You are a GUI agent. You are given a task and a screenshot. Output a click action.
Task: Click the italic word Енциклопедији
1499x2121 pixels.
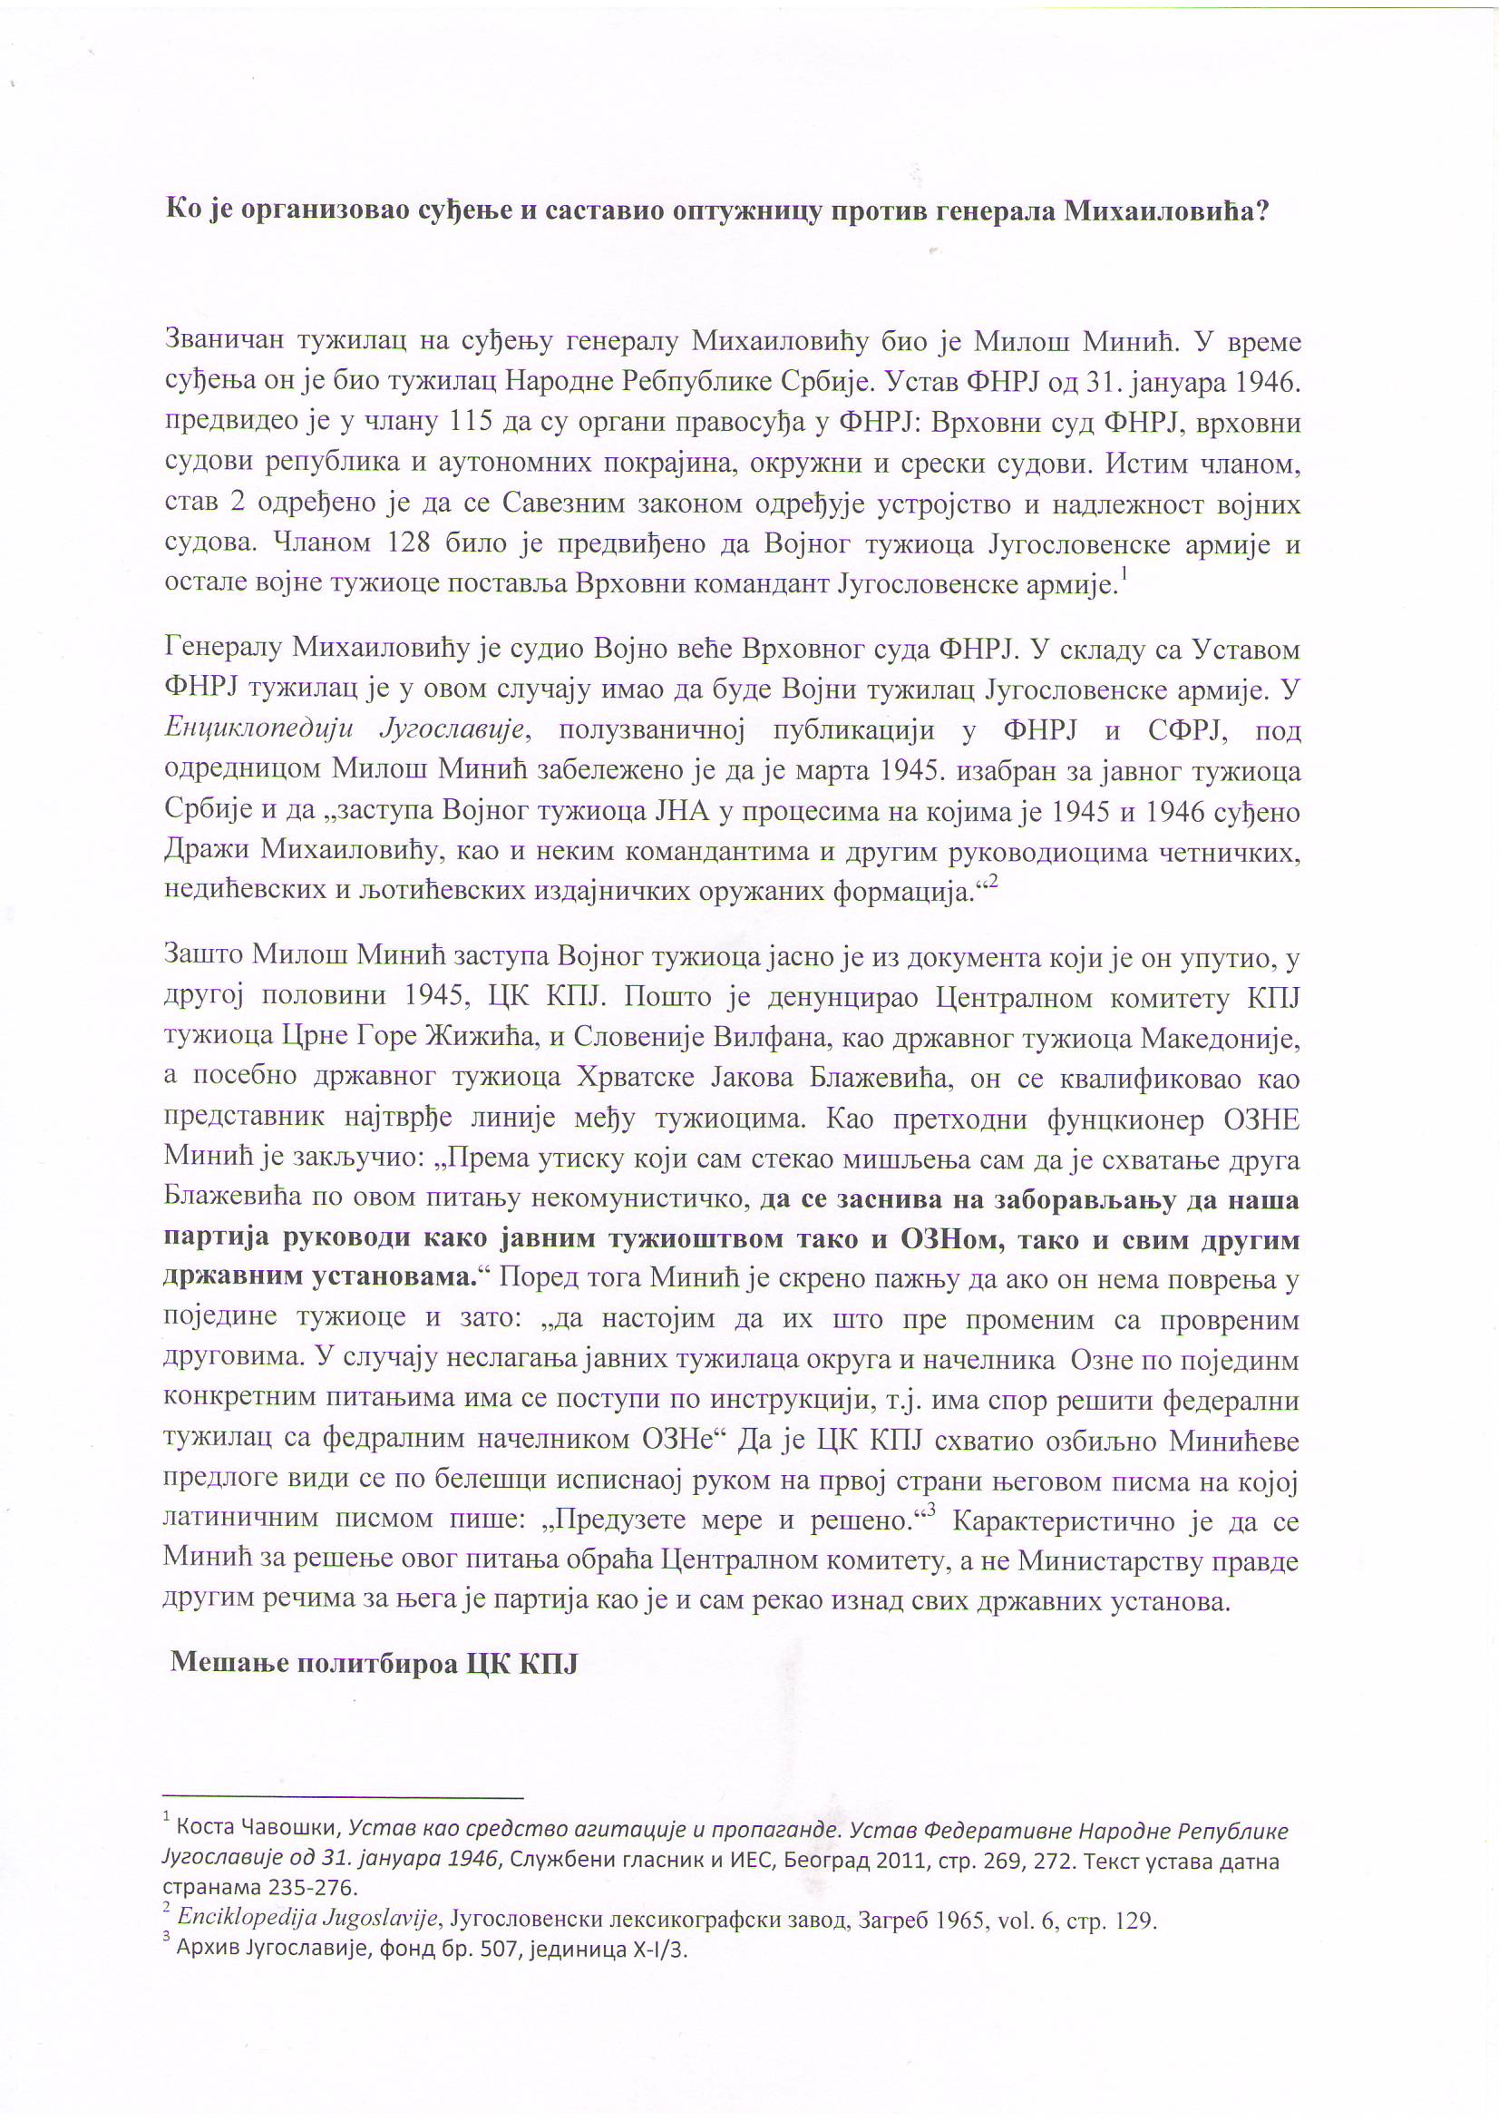pos(259,729)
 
